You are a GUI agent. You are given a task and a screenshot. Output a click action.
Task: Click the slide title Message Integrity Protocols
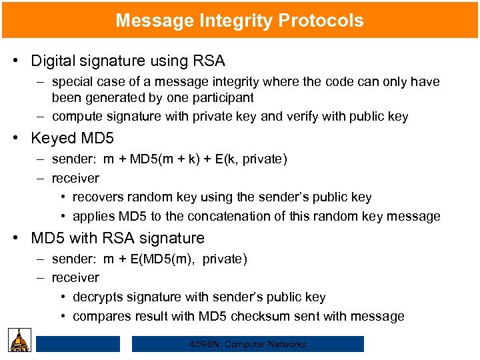[239, 20]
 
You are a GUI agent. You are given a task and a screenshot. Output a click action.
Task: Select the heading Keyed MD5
[73, 139]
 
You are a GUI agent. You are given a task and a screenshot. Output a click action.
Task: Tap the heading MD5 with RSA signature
[118, 238]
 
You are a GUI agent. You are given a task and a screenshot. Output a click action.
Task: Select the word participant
[222, 97]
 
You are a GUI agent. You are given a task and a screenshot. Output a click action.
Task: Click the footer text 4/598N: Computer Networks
[247, 344]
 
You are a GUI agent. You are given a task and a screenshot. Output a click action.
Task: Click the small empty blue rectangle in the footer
[78, 344]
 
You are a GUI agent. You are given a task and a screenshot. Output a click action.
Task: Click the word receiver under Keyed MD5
[75, 178]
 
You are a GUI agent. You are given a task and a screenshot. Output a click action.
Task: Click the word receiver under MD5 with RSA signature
[75, 277]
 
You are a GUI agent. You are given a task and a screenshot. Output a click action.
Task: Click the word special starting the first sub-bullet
[71, 82]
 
